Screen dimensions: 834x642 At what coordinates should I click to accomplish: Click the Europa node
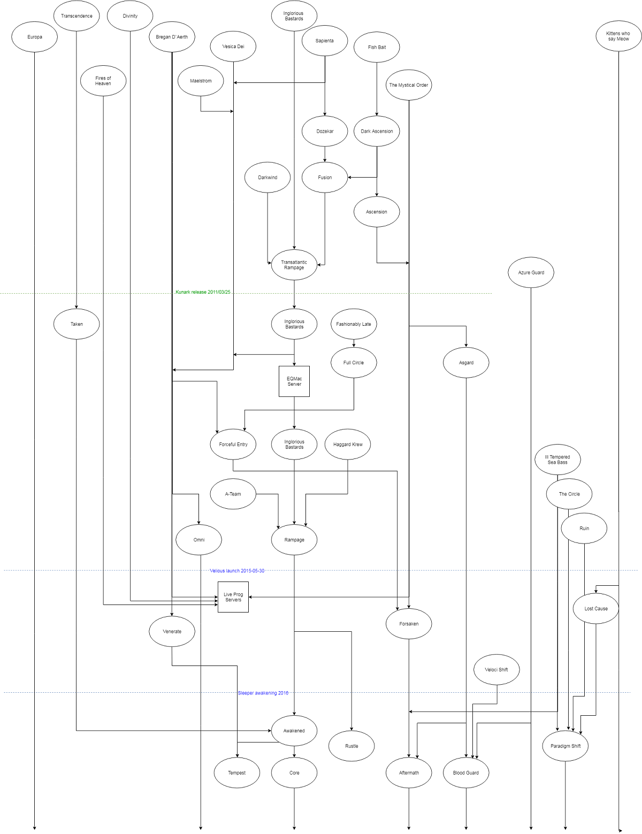click(34, 37)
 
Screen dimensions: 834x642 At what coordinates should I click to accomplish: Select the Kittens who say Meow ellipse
click(618, 36)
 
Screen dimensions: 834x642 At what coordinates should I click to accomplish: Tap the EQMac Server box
click(294, 381)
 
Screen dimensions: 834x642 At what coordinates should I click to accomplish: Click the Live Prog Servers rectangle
click(233, 597)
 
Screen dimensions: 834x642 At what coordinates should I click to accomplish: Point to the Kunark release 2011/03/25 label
click(203, 292)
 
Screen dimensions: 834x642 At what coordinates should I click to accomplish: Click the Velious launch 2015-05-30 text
click(237, 571)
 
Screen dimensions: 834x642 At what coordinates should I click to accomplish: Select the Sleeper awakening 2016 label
click(263, 693)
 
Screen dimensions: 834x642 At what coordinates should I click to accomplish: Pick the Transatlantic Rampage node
click(294, 265)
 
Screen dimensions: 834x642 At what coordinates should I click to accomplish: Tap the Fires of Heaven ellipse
click(103, 81)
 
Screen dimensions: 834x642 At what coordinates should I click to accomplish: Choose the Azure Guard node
click(531, 272)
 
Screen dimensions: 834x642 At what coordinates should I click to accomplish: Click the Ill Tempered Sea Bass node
click(557, 460)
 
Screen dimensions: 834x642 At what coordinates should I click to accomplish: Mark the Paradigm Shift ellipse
click(565, 746)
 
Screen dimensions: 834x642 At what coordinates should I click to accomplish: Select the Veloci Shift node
click(496, 670)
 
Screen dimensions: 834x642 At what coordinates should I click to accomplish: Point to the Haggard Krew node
click(348, 444)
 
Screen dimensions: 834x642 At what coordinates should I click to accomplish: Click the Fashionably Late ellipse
click(354, 324)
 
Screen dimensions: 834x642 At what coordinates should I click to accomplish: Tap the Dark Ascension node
click(377, 131)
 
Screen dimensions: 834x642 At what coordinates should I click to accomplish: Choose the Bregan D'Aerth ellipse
click(172, 37)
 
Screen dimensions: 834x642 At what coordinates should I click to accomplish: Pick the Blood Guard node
click(466, 772)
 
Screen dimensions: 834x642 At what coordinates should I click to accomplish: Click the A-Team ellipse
click(233, 494)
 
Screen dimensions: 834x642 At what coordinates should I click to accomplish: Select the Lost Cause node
click(596, 608)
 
